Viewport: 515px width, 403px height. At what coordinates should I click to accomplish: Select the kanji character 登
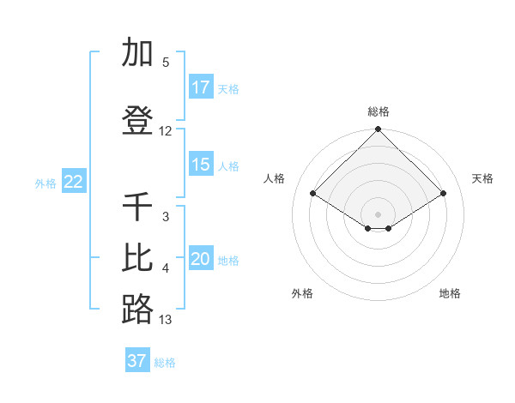pos(137,121)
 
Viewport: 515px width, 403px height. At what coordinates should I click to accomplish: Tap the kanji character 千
pos(137,207)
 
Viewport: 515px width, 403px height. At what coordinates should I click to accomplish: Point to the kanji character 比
pos(137,259)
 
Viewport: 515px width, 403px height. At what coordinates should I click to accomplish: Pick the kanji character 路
pos(137,310)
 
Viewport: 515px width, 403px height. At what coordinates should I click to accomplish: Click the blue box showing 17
pos(200,87)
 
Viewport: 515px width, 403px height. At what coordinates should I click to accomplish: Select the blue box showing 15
pos(200,165)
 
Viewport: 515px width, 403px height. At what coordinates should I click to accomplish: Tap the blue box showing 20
pos(200,259)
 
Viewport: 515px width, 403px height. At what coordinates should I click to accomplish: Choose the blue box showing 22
pos(74,182)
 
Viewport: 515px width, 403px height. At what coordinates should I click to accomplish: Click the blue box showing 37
pos(136,361)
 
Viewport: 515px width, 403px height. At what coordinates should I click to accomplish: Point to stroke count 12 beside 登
pos(166,131)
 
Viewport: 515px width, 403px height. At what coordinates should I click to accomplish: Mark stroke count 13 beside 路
pos(166,320)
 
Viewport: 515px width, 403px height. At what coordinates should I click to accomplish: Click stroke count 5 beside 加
pos(166,63)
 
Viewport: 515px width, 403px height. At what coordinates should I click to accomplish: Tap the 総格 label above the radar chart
pos(379,111)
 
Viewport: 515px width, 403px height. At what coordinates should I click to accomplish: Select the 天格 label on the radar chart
pos(482,178)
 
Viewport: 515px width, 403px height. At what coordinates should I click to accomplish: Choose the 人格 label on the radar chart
pos(275,178)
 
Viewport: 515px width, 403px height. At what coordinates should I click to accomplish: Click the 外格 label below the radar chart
pos(302,293)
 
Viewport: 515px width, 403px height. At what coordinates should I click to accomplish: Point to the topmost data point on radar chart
pos(379,130)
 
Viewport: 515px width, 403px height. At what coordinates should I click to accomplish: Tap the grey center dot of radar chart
pos(379,214)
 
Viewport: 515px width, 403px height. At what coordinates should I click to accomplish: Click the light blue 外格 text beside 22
pos(45,183)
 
